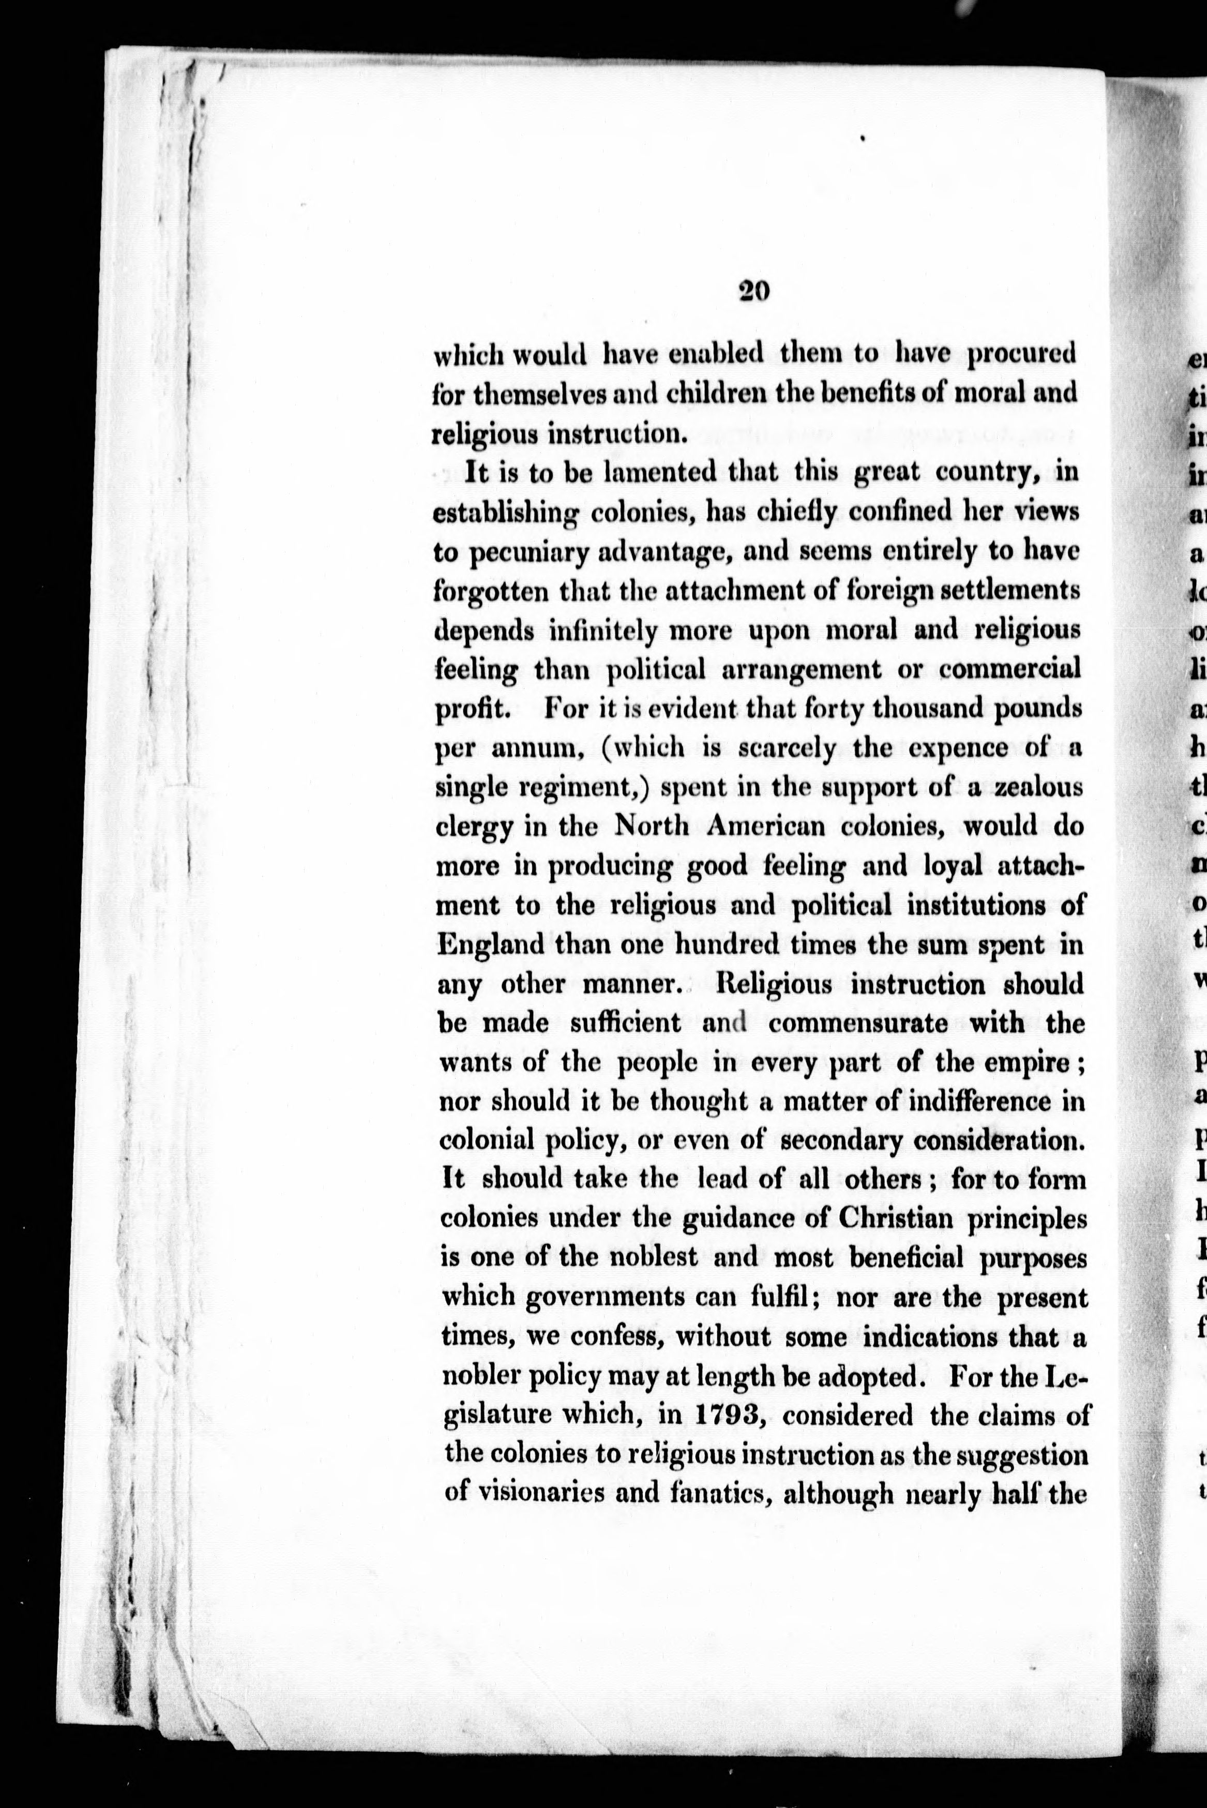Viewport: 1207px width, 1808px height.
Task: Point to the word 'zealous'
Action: point(1039,788)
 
